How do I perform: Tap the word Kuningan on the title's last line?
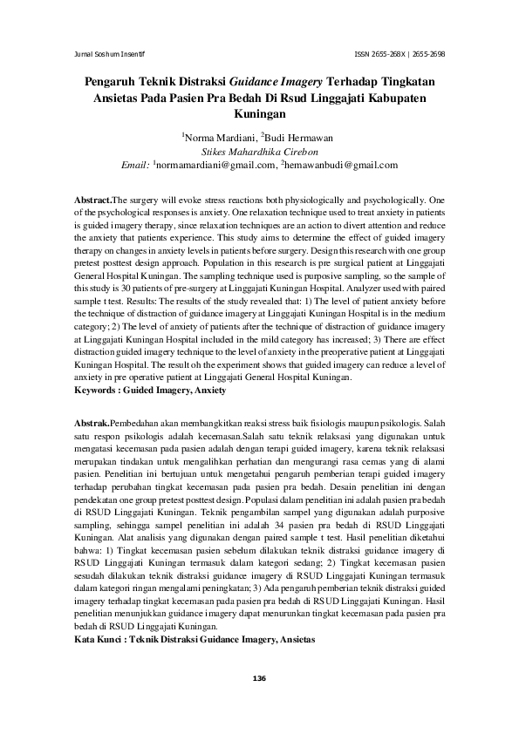coord(260,113)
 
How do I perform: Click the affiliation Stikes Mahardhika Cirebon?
coord(259,151)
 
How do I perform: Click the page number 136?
coord(259,678)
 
